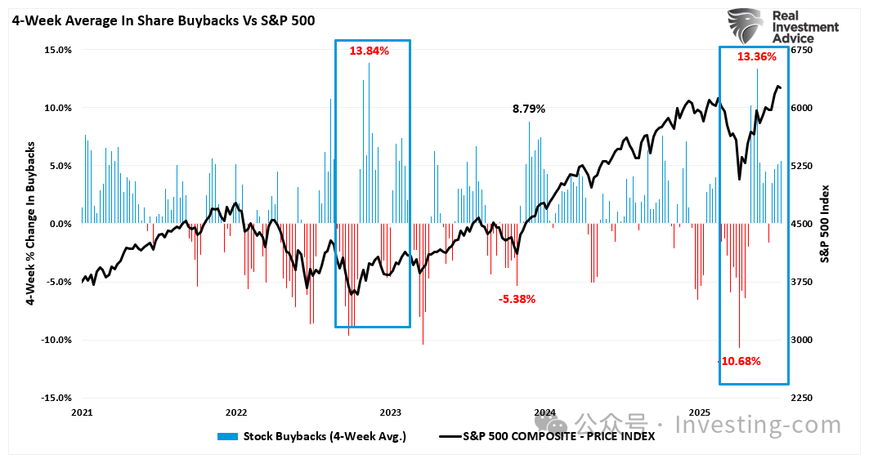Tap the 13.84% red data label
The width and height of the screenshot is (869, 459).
point(369,51)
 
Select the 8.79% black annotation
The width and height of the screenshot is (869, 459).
point(528,109)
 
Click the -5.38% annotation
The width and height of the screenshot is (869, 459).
point(517,299)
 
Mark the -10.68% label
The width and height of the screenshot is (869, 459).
point(740,361)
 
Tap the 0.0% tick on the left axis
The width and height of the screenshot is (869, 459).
point(60,224)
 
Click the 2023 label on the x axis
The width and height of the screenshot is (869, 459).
point(390,412)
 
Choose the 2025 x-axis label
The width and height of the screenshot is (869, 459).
point(699,412)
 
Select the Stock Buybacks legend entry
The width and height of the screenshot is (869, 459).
point(311,436)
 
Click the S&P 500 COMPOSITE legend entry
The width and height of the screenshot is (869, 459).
point(547,436)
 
